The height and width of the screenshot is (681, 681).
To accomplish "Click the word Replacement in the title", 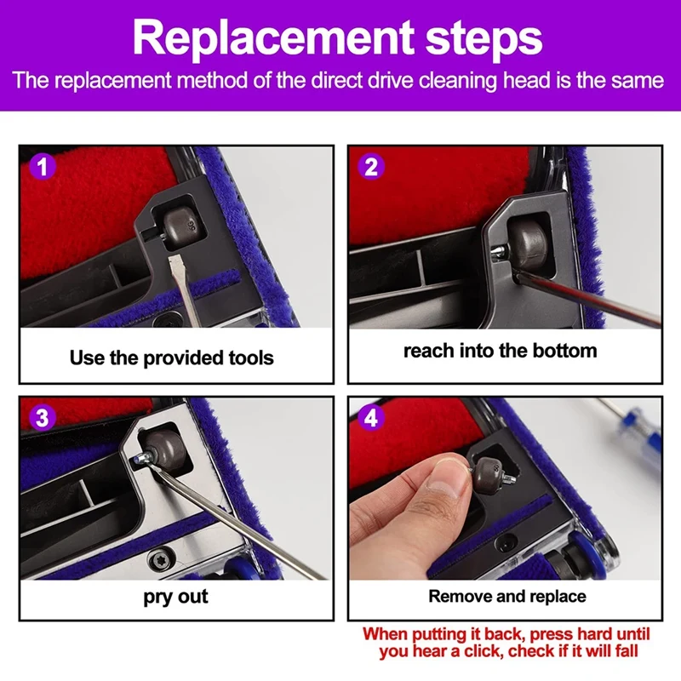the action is click(x=273, y=37).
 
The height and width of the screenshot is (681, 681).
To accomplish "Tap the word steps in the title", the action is click(x=484, y=40).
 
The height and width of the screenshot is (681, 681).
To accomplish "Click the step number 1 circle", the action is click(x=42, y=167).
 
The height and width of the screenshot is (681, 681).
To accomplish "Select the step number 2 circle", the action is click(x=371, y=166).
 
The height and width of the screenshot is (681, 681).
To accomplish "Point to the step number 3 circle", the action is click(x=42, y=417).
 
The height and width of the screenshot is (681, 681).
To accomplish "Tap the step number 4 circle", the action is click(x=371, y=417).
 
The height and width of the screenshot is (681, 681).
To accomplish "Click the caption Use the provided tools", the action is click(x=172, y=358).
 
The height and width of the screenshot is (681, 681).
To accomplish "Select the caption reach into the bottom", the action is click(x=501, y=351).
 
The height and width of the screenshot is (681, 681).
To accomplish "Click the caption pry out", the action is click(x=175, y=597).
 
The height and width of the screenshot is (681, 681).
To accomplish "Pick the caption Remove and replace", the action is click(x=507, y=597).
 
